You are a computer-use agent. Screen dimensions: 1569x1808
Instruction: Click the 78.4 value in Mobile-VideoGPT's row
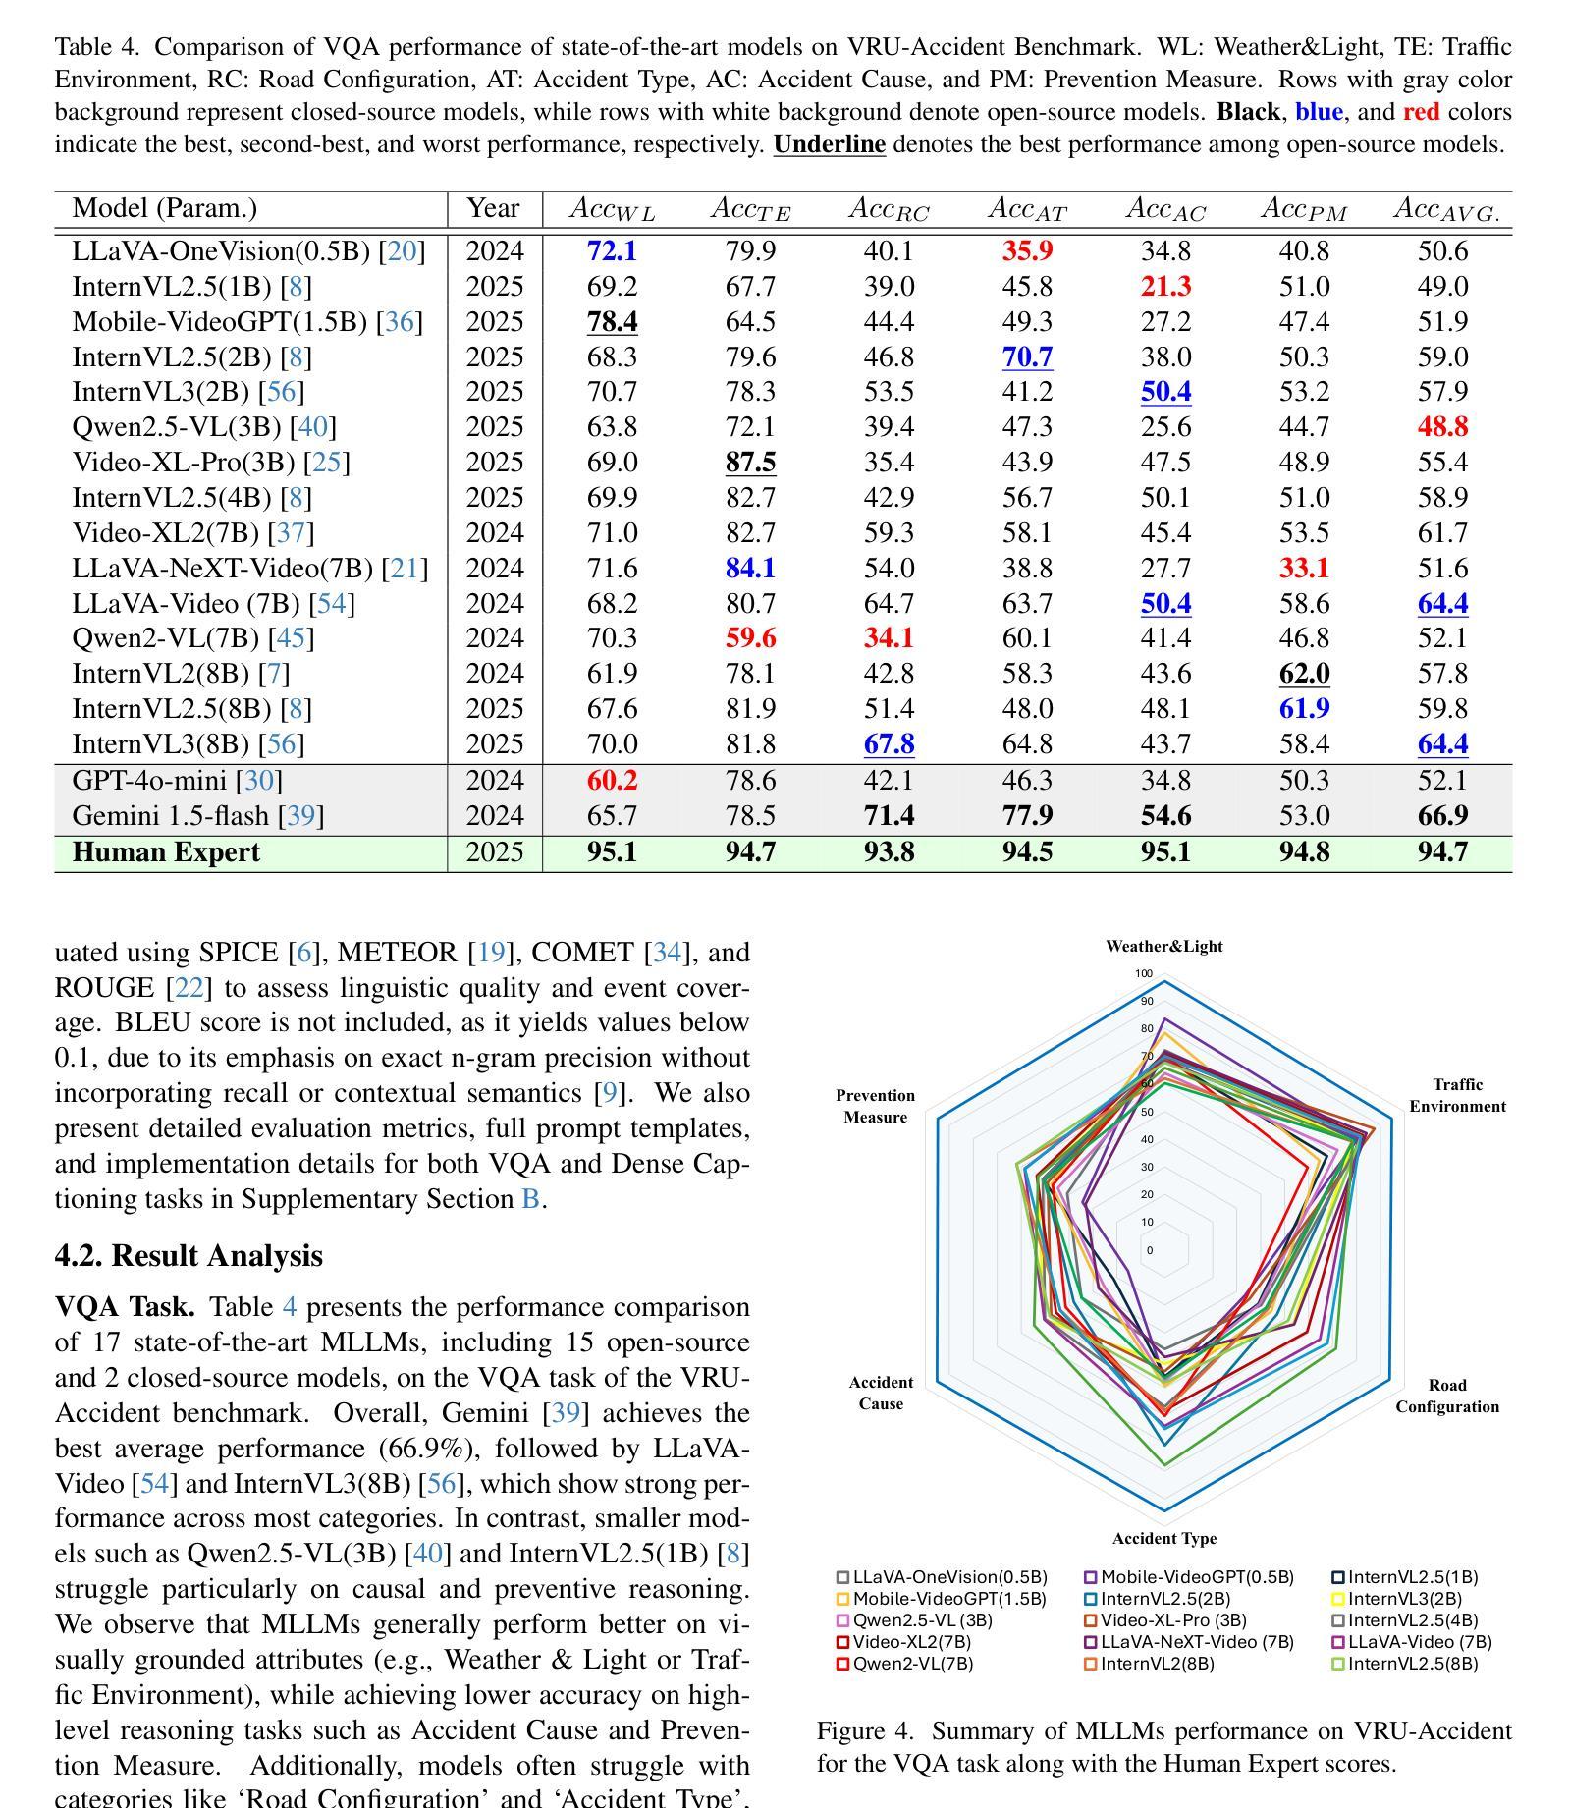coord(612,322)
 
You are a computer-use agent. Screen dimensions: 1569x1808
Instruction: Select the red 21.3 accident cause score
coord(1165,287)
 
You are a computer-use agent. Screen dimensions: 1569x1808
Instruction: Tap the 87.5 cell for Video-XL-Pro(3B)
coord(750,463)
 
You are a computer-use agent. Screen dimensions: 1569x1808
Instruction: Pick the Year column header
coord(493,208)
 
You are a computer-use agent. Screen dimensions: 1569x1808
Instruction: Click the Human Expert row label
coord(166,852)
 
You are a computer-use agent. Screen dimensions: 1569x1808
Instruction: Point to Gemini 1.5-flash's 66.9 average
coord(1442,816)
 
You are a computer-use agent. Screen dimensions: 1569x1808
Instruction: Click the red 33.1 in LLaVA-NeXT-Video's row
coord(1304,569)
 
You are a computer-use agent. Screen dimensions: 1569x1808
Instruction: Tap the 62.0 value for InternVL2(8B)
coord(1304,675)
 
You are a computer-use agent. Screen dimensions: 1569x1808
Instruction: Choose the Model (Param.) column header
coord(165,208)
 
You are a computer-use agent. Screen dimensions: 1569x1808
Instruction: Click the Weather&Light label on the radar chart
coord(1164,947)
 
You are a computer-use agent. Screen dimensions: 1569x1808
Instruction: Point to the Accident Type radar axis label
coord(1164,1539)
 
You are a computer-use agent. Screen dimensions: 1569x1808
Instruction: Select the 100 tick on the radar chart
coord(1144,974)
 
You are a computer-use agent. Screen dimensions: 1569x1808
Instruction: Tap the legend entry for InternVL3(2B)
coord(1397,1599)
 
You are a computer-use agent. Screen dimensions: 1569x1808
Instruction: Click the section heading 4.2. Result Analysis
coord(189,1256)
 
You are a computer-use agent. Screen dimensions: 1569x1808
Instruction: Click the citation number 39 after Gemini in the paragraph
coord(566,1413)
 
